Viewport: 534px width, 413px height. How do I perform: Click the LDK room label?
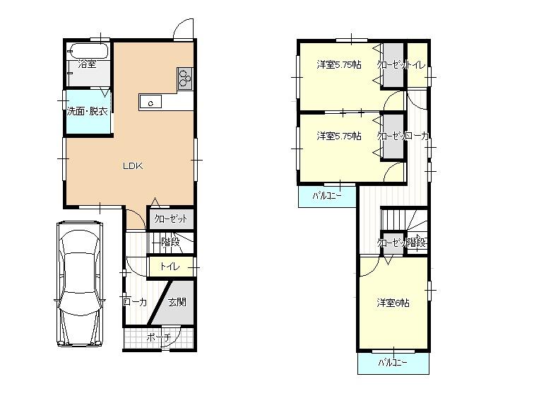tap(133, 167)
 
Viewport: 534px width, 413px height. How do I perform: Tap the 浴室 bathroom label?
tap(88, 64)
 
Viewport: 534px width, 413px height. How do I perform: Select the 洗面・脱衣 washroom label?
tap(88, 111)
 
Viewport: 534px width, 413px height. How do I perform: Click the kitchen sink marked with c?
tap(151, 103)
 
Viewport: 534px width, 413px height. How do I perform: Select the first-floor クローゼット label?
tap(171, 219)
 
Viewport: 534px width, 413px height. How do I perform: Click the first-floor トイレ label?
tap(170, 267)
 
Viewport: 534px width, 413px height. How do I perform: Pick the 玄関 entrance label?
tap(177, 302)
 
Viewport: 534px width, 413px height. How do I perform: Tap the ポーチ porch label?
tap(158, 338)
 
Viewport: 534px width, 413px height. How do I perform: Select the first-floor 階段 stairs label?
tap(170, 242)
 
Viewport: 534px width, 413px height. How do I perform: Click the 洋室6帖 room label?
tap(393, 303)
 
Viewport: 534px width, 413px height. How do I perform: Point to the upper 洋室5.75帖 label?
tap(339, 65)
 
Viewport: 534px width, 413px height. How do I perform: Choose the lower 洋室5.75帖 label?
tap(339, 136)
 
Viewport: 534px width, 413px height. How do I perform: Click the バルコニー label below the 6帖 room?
tap(392, 363)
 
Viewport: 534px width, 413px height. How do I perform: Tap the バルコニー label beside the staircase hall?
tap(326, 196)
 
